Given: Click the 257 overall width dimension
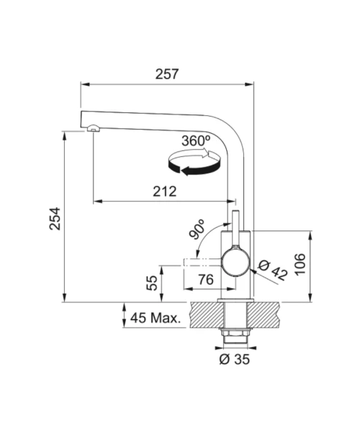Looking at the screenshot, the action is (x=167, y=74).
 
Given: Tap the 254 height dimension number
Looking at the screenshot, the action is (x=55, y=219).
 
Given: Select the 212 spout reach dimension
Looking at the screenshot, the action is (x=164, y=192).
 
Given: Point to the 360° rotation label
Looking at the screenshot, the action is (x=196, y=141).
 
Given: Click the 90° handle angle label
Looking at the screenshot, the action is (x=197, y=229).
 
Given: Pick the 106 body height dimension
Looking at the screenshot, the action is (x=300, y=264).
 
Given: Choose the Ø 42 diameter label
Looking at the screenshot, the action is (x=273, y=270).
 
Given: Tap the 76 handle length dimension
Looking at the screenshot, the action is (x=206, y=279).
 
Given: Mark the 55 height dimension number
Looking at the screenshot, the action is (x=152, y=283).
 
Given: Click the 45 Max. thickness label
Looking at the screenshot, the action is (x=156, y=318).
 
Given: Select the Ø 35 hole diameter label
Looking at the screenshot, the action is (x=235, y=359).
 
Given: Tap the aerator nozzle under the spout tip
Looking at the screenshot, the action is (x=93, y=128).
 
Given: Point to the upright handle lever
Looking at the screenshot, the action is (x=235, y=229).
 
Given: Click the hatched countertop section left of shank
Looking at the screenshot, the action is (x=207, y=315).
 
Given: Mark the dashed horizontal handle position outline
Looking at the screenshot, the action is (x=203, y=262).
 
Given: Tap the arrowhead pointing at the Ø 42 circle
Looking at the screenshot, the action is (x=253, y=271).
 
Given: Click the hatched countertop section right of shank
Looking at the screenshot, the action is (x=264, y=315).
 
